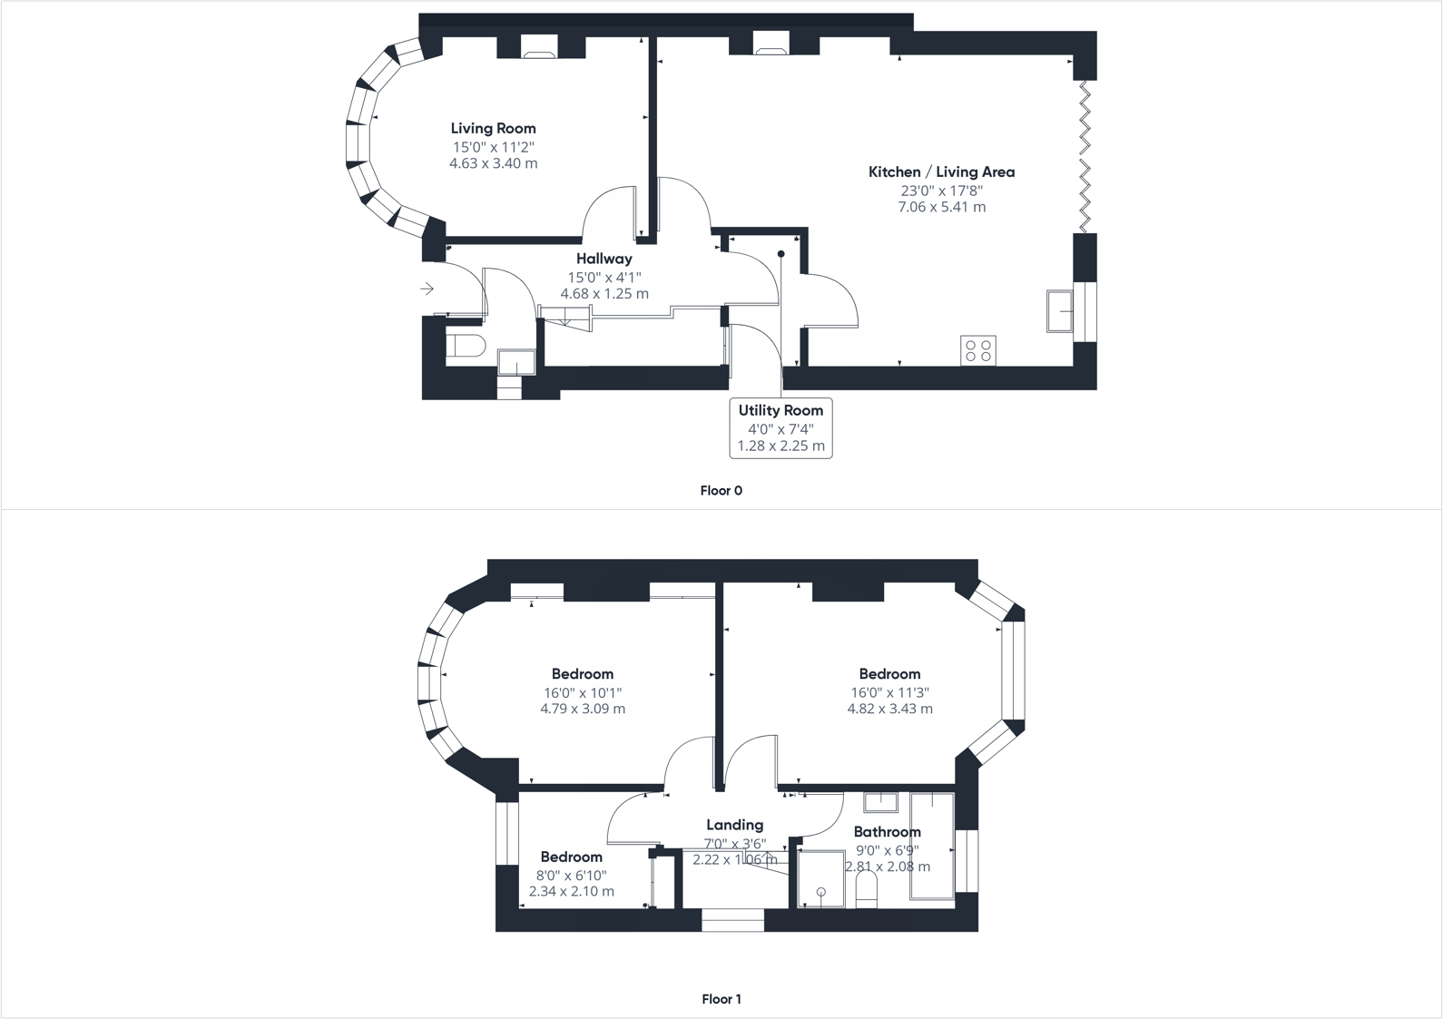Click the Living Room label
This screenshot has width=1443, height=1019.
coord(493,129)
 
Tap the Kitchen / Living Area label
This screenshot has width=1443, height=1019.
coord(941,171)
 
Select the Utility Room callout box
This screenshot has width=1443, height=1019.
coord(780,428)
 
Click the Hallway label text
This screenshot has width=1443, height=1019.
coord(604,259)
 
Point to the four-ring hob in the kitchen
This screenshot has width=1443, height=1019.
coord(978,350)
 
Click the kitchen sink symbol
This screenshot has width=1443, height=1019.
coord(1059,311)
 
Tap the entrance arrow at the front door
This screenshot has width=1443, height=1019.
coord(427,289)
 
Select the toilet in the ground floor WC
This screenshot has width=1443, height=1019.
coord(466,346)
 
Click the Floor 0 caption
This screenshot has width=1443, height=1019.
coord(721,491)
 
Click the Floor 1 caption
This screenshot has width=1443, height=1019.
coord(721,999)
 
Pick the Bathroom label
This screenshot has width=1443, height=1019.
coord(887,832)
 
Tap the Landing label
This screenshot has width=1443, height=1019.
coord(734,825)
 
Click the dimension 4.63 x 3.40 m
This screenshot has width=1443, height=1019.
coord(493,163)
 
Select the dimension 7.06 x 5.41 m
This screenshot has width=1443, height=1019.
coord(941,207)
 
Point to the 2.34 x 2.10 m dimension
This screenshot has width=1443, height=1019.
coord(571,891)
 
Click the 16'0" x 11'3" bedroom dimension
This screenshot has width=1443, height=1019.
coord(889,692)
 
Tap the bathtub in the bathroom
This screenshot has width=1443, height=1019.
coord(931,846)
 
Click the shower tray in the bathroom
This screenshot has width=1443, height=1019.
coord(820,878)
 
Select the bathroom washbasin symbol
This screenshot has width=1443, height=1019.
coord(879,802)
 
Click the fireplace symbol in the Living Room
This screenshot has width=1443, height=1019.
coord(540,46)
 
